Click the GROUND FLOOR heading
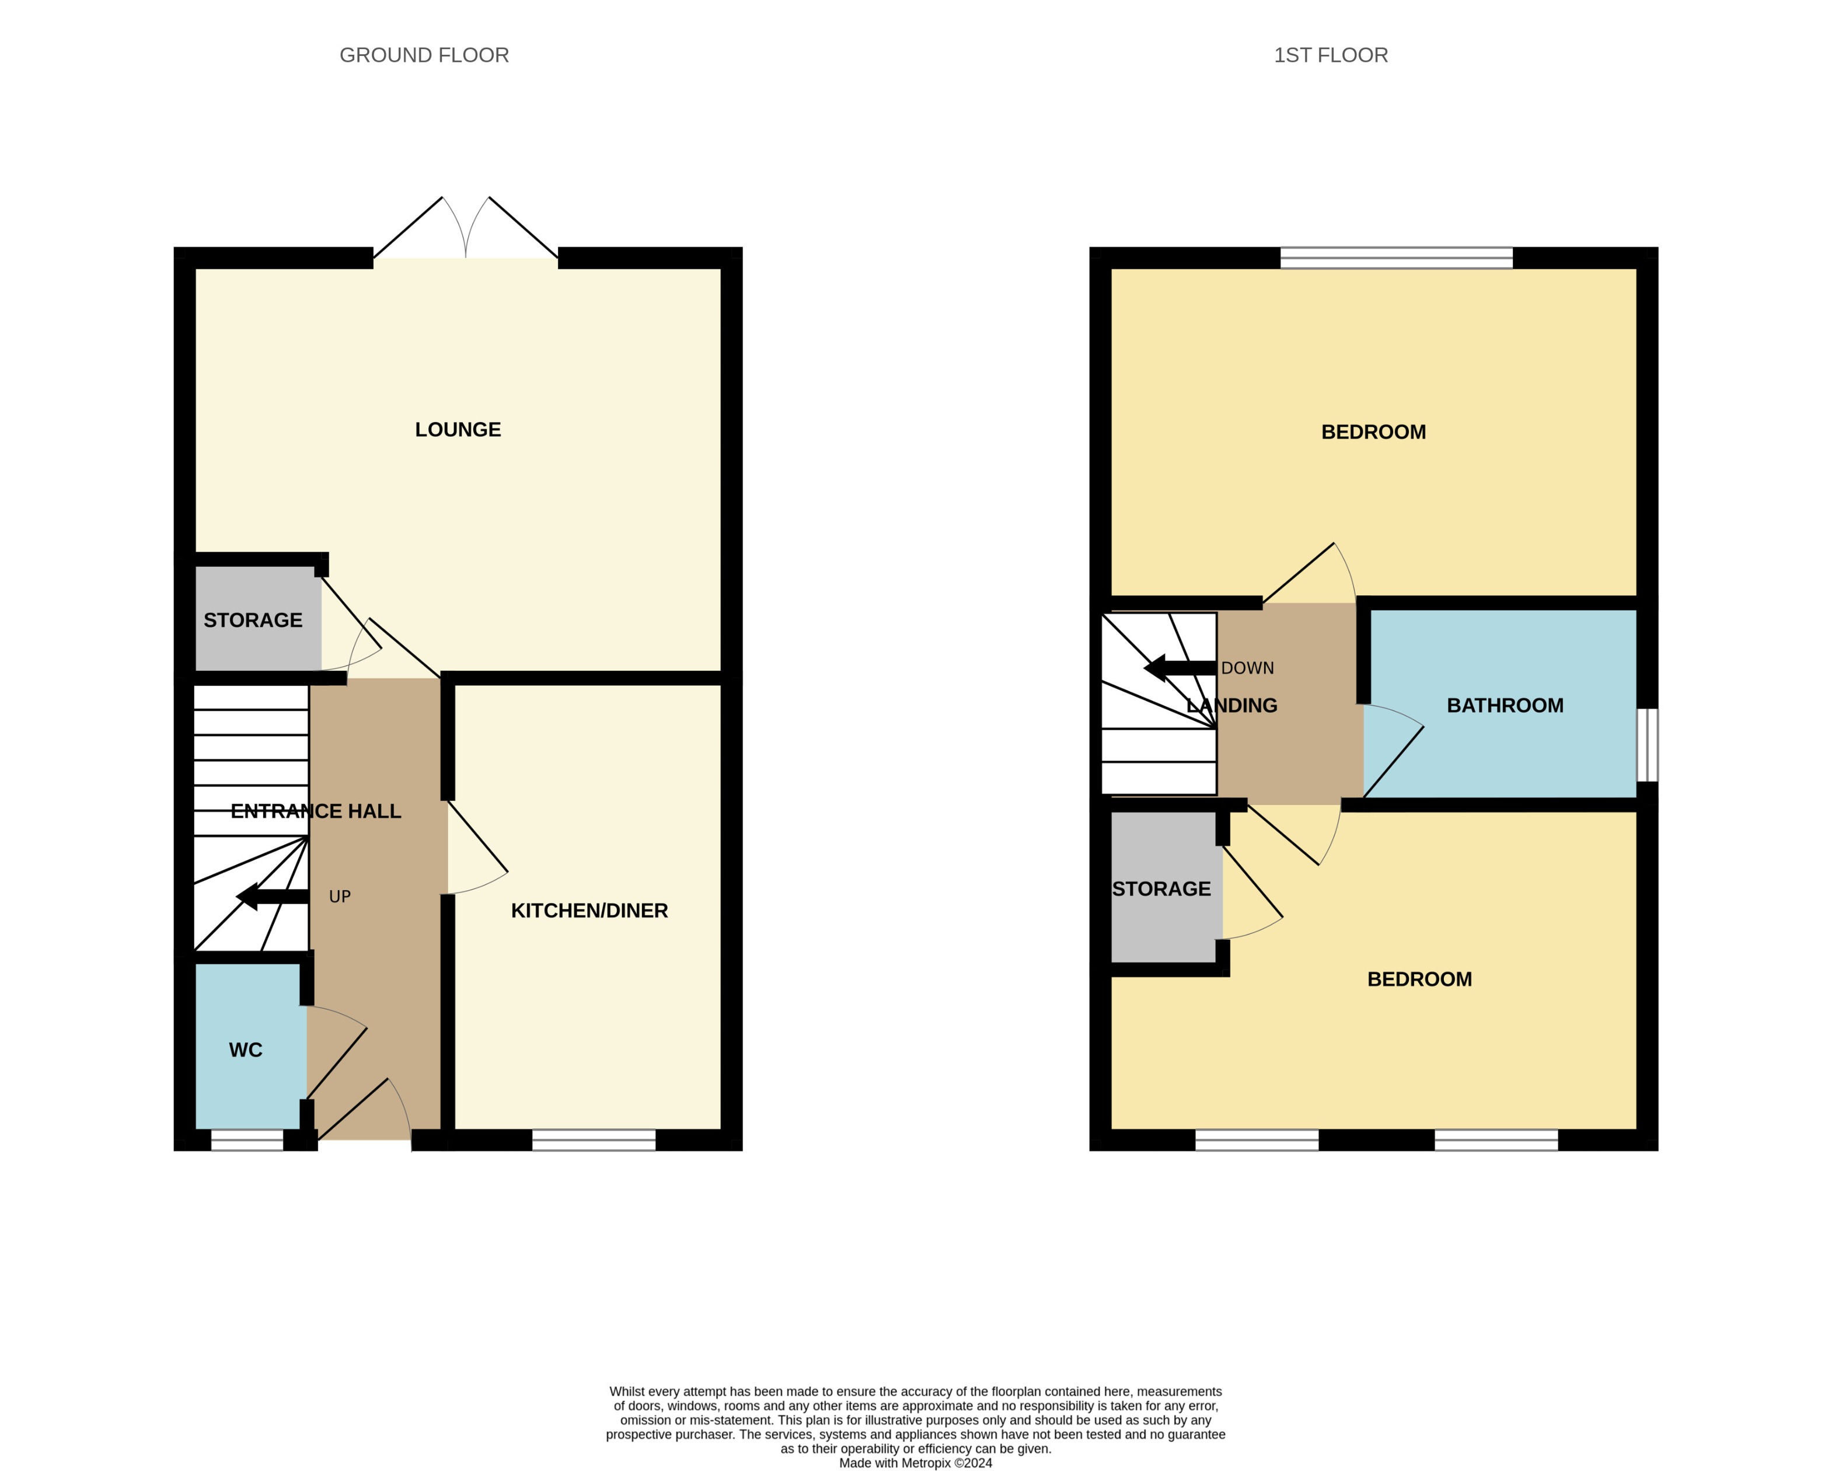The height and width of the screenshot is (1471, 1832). point(424,55)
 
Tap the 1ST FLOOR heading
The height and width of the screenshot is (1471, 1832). point(1330,55)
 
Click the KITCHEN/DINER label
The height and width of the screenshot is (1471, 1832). point(589,911)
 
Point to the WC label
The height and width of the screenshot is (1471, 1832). point(246,1050)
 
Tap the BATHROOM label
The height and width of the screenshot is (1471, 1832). point(1504,705)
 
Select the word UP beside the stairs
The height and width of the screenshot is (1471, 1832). point(340,897)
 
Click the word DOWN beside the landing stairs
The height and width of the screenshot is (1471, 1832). point(1247,669)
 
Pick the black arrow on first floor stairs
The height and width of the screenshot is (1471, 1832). point(1180,669)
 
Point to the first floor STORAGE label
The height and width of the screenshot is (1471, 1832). point(1161,889)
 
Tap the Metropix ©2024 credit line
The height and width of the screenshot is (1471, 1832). point(915,1463)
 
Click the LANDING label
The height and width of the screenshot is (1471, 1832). point(1231,705)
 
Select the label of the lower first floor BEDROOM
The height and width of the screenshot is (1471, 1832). point(1418,979)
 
